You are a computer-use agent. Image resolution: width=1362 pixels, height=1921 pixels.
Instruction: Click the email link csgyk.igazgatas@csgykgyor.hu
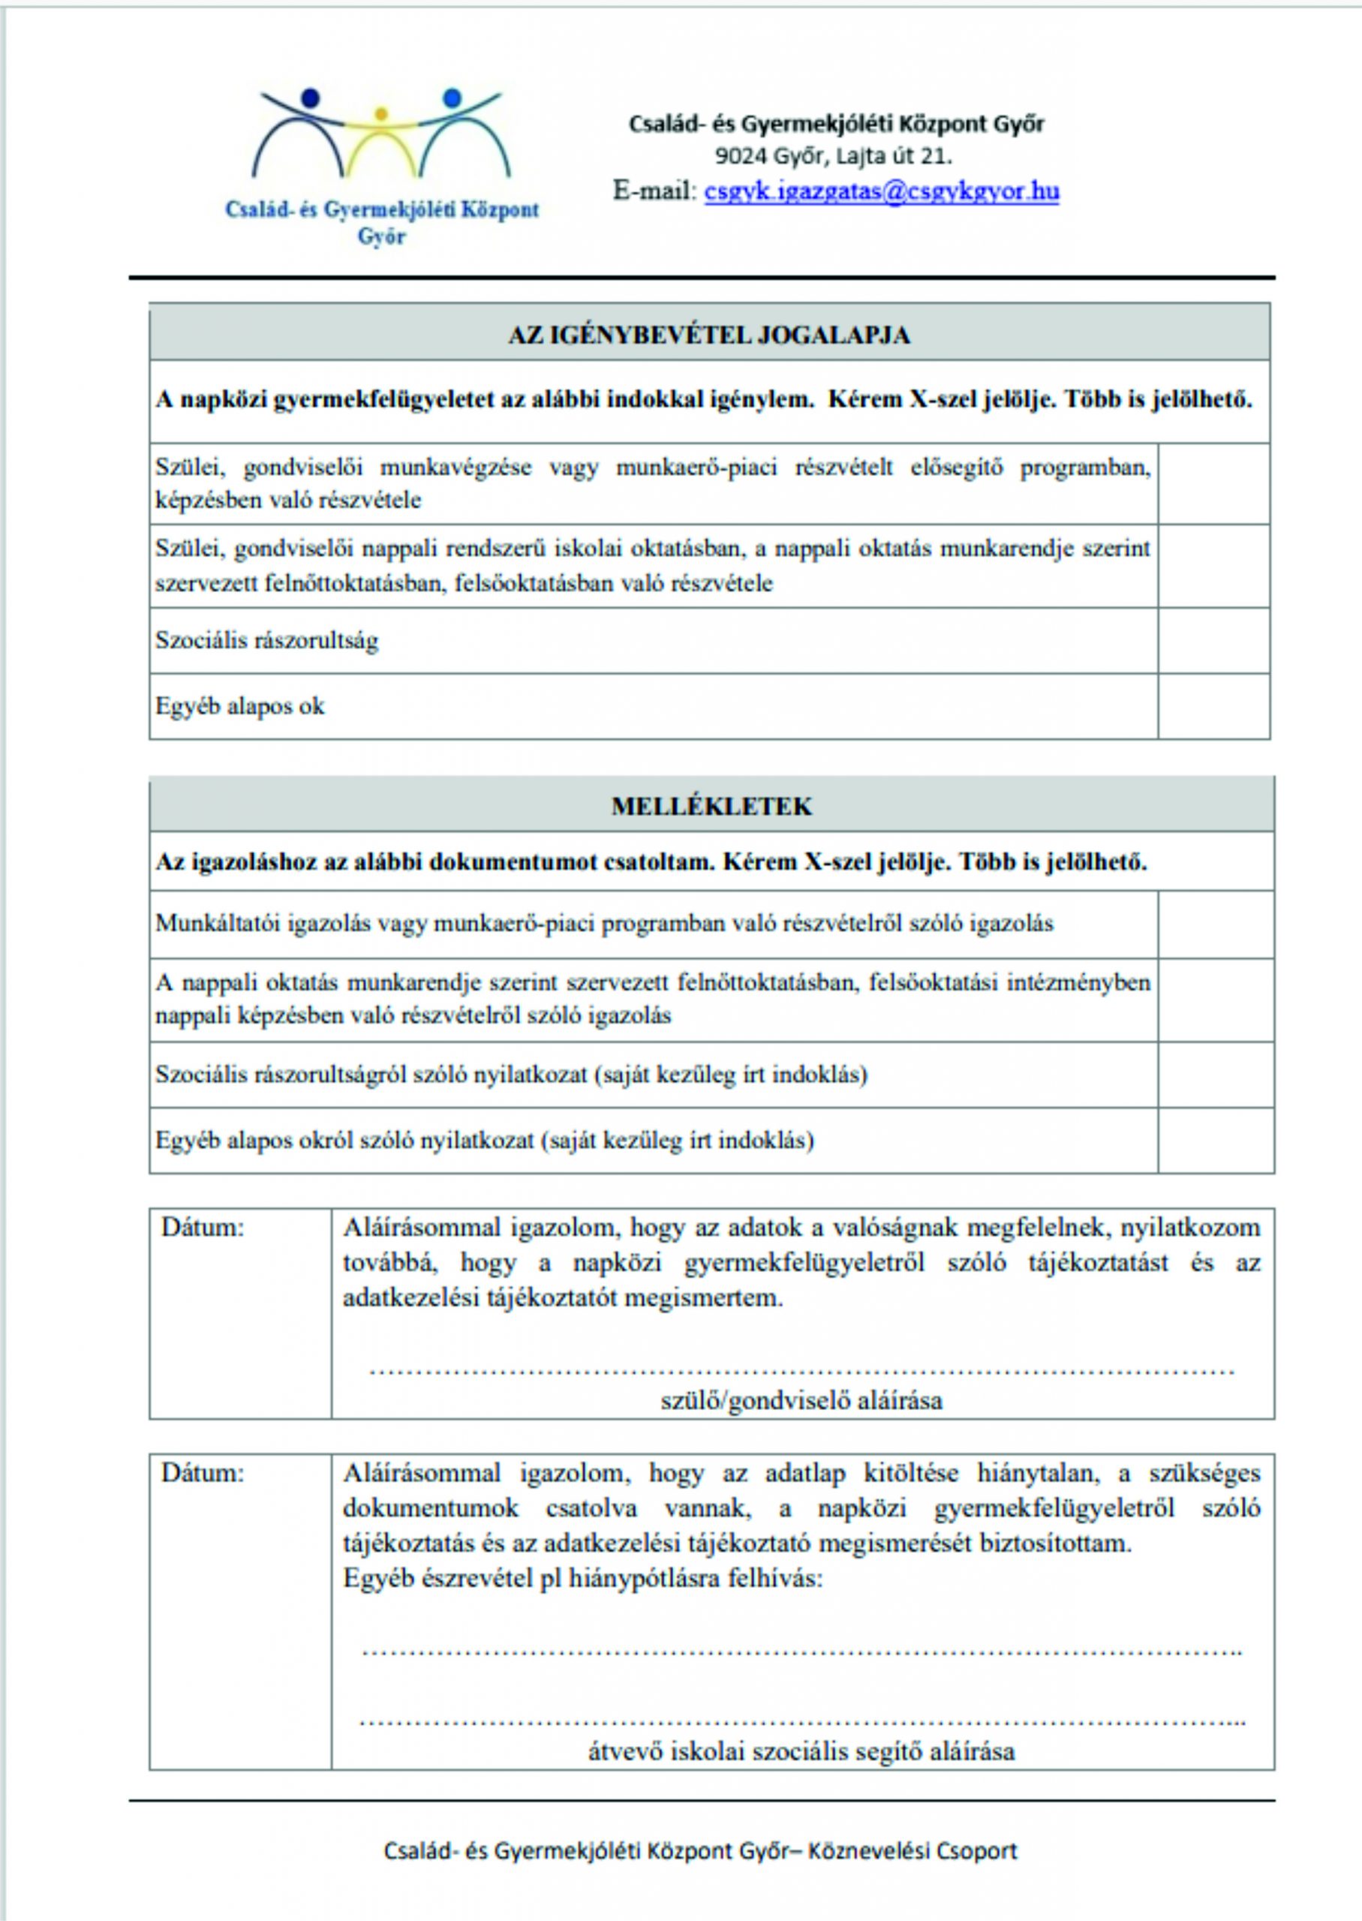882,192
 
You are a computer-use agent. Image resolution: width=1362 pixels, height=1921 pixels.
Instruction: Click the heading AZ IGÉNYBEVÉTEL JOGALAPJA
708,335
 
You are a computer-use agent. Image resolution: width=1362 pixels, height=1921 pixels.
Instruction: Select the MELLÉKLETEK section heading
711,807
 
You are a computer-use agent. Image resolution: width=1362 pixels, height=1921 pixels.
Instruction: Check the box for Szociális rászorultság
1213,641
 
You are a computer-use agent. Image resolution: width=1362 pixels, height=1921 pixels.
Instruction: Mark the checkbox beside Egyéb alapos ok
1213,706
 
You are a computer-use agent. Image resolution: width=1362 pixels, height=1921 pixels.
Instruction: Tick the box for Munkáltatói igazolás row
1215,924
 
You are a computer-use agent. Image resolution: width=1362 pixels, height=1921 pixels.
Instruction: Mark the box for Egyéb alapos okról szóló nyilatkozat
1215,1141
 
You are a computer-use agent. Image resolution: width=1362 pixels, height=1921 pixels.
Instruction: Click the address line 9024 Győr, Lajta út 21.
833,157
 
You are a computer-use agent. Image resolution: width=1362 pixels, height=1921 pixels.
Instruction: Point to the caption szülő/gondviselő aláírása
801,1400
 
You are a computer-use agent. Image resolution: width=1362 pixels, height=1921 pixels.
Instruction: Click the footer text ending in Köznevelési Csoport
700,1851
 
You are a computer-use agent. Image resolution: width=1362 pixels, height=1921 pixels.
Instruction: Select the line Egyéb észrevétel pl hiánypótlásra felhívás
583,1579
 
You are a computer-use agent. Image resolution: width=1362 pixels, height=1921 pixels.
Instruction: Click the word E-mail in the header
654,192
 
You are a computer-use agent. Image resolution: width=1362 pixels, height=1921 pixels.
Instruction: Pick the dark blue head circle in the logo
311,98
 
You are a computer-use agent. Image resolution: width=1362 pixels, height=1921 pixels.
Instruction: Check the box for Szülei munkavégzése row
1213,484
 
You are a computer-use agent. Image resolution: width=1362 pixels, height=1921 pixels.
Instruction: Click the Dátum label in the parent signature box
203,1228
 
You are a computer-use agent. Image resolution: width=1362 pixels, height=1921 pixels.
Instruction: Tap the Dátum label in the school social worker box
203,1473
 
